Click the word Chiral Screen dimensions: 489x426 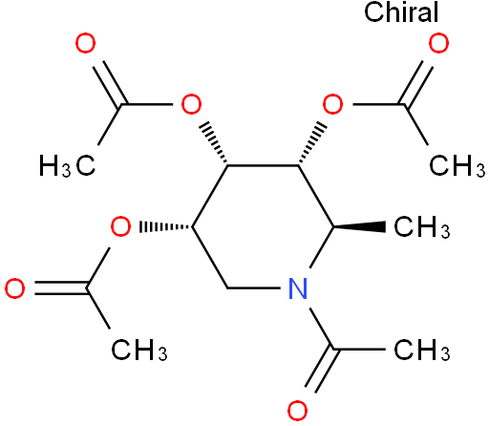coord(401,12)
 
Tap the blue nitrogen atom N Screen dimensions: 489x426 coord(298,288)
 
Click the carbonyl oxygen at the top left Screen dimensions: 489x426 coord(85,43)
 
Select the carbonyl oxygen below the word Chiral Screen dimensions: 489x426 coord(438,43)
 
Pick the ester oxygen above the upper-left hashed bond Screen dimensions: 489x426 coord(191,104)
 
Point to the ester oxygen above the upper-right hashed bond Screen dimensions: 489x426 coord(332,104)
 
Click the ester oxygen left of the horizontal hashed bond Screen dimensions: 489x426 coord(120,226)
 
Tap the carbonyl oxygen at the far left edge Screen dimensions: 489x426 coord(14,288)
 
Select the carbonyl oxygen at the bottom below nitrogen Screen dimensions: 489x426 coord(298,411)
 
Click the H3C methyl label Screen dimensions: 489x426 coord(67,165)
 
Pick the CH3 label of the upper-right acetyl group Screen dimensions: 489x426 coord(457,165)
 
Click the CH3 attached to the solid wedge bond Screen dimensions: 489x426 coord(421,227)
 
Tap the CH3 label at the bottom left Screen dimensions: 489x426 coord(138,350)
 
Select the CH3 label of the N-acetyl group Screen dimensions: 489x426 coord(421,350)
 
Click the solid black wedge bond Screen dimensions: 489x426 coord(360,227)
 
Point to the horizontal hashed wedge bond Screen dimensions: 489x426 coord(166,227)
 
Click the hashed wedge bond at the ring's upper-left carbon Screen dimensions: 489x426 coord(213,142)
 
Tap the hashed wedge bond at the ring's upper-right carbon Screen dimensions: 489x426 coord(312,142)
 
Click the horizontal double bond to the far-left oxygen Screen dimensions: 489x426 coord(61,288)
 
